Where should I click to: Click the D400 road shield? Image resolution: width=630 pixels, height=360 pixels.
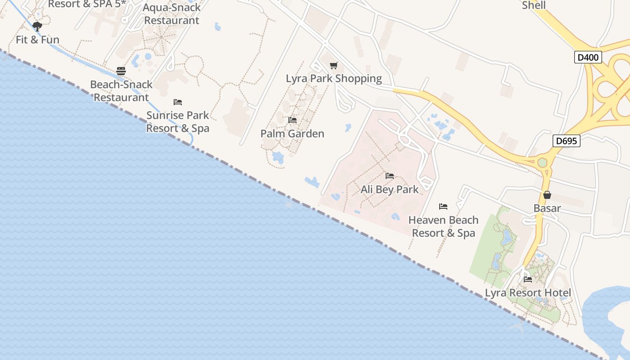(x=588, y=57)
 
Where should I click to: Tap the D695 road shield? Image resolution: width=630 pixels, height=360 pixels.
(x=566, y=141)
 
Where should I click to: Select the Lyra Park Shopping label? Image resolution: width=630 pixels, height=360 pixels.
(x=333, y=78)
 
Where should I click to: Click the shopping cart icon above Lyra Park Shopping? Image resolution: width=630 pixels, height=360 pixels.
(x=333, y=66)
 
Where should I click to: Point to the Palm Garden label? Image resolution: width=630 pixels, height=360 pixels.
(x=292, y=134)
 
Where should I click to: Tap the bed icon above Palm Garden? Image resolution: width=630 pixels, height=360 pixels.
(x=292, y=120)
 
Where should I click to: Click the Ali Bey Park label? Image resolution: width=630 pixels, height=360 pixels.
(x=389, y=189)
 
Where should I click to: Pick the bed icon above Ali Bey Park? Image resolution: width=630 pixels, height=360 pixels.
(x=390, y=176)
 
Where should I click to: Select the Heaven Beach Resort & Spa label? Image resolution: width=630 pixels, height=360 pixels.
(x=443, y=226)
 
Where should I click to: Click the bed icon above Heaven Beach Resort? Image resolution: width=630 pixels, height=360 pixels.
(x=443, y=207)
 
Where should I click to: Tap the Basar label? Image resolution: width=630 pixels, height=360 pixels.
(x=547, y=208)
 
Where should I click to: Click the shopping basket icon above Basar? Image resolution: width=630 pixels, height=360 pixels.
(x=547, y=195)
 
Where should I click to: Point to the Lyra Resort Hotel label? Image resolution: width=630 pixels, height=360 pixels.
(x=527, y=293)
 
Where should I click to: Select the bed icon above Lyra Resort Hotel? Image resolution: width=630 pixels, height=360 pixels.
(x=528, y=279)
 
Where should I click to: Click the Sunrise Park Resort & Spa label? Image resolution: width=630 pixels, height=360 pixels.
(x=178, y=122)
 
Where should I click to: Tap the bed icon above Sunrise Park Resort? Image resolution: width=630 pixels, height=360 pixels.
(x=178, y=102)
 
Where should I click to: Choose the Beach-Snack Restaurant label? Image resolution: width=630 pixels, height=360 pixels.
(x=121, y=91)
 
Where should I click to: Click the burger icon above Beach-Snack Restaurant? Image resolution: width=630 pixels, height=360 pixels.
(x=121, y=71)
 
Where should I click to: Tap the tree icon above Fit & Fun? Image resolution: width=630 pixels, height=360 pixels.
(x=37, y=26)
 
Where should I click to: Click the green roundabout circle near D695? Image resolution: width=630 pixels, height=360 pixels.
(x=542, y=162)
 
